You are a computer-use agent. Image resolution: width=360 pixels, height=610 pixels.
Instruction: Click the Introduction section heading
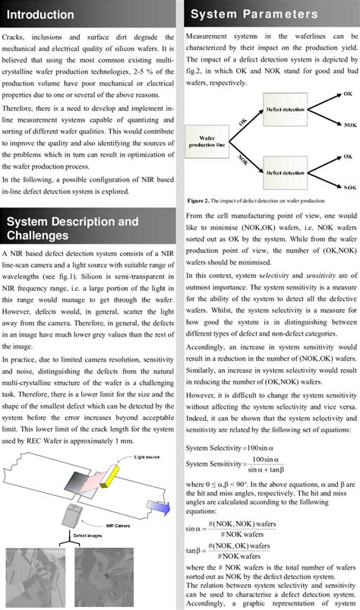[x=41, y=15]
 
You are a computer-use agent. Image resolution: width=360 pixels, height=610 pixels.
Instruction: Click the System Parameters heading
[x=254, y=14]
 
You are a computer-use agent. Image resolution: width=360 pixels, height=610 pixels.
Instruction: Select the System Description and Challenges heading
[x=72, y=229]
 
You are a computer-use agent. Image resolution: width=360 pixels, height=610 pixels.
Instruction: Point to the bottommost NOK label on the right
[x=349, y=186]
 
